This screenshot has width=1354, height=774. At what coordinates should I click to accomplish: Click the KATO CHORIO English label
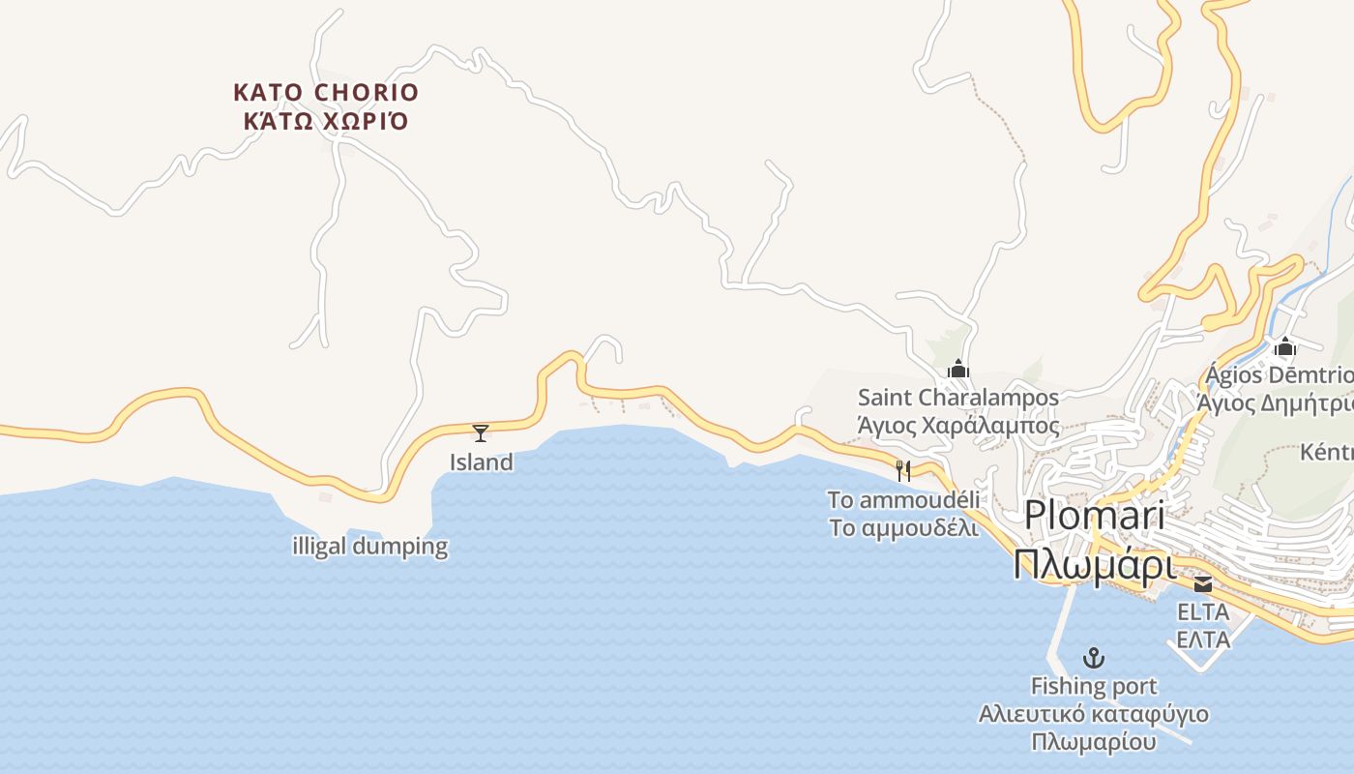pyautogui.click(x=326, y=93)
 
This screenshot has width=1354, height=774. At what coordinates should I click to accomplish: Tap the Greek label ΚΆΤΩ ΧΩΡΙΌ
pyautogui.click(x=326, y=122)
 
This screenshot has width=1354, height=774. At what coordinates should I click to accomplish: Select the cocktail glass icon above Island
pyautogui.click(x=481, y=432)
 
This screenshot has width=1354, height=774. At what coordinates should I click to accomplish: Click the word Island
pyautogui.click(x=481, y=462)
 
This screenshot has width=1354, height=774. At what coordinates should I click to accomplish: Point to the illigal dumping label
pyautogui.click(x=369, y=547)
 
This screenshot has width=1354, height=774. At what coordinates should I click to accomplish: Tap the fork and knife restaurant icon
pyautogui.click(x=903, y=471)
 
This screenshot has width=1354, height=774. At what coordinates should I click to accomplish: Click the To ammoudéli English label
pyautogui.click(x=903, y=500)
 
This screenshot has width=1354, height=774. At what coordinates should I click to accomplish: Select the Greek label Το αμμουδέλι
pyautogui.click(x=903, y=528)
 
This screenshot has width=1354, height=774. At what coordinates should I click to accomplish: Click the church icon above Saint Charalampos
pyautogui.click(x=958, y=369)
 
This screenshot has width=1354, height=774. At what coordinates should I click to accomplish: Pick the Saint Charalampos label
pyautogui.click(x=958, y=398)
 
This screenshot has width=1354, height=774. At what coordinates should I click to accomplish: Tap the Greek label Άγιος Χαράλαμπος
pyautogui.click(x=958, y=426)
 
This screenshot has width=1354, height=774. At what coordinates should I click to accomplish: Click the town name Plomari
pyautogui.click(x=1094, y=515)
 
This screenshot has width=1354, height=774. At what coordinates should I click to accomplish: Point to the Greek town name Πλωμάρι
pyautogui.click(x=1094, y=565)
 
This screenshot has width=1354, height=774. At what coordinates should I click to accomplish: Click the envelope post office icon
pyautogui.click(x=1203, y=583)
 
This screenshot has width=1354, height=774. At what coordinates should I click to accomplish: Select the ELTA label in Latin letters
pyautogui.click(x=1203, y=611)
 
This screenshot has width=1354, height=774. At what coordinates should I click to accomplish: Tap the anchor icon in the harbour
pyautogui.click(x=1094, y=659)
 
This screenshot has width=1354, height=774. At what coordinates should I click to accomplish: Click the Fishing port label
pyautogui.click(x=1094, y=687)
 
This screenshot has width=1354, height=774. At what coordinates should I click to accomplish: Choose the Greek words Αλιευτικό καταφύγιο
pyautogui.click(x=1094, y=715)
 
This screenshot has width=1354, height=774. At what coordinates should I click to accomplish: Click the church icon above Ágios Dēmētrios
pyautogui.click(x=1285, y=347)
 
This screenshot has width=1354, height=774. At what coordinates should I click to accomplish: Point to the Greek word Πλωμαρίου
pyautogui.click(x=1094, y=743)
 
